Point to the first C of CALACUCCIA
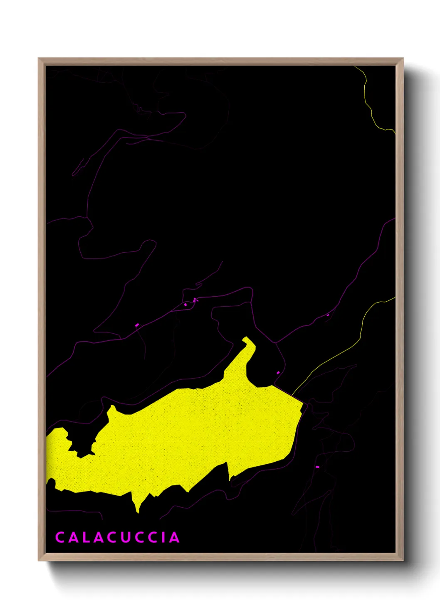point(59,537)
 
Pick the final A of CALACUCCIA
point(174,537)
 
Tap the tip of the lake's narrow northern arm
point(246,339)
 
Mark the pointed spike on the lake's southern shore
point(137,510)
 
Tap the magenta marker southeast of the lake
point(317,467)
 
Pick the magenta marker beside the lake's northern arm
point(278,373)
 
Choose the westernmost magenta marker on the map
point(137,325)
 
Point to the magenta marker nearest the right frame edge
point(328,315)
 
